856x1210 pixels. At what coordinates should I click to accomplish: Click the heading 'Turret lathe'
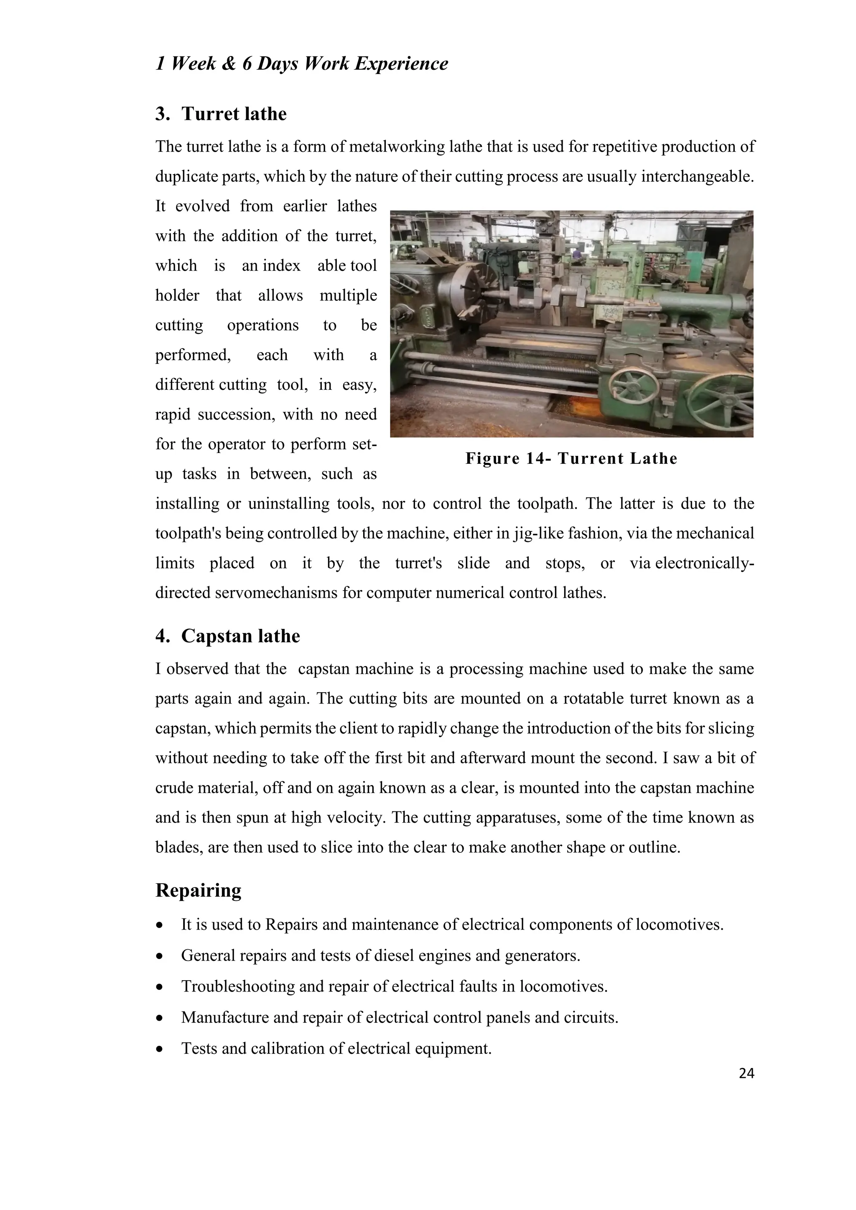pos(234,114)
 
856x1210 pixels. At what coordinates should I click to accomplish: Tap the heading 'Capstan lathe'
pos(240,636)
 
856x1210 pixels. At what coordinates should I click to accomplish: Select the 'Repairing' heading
pos(198,890)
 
